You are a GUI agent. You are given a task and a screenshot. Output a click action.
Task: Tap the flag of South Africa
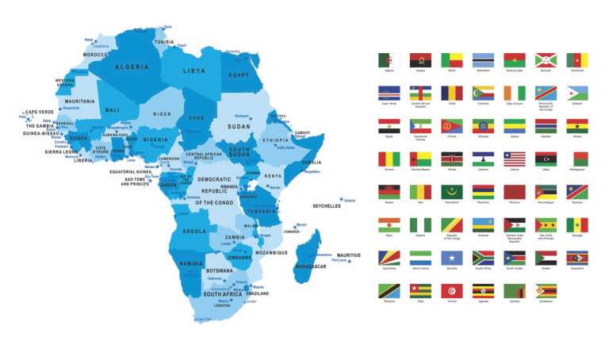[x=483, y=258]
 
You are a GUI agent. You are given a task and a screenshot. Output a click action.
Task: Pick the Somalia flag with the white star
[x=451, y=258]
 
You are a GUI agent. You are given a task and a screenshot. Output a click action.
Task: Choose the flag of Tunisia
[x=451, y=291]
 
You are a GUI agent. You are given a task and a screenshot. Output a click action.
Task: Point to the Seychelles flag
[x=389, y=258]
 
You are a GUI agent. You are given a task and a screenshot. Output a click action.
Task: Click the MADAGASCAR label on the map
[x=311, y=266]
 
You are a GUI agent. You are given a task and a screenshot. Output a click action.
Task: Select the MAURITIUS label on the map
[x=346, y=255]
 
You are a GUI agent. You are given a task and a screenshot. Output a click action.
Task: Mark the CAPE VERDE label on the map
[x=40, y=113]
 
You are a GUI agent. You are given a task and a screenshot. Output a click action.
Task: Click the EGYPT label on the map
[x=239, y=75]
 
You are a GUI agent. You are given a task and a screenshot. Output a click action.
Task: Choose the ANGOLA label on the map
[x=195, y=232]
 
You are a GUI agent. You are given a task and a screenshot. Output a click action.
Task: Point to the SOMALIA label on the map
[x=312, y=163]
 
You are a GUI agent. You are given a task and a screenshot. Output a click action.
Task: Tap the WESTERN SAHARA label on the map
[x=65, y=82]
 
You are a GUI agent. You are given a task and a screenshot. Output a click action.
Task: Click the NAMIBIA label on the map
[x=193, y=263]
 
